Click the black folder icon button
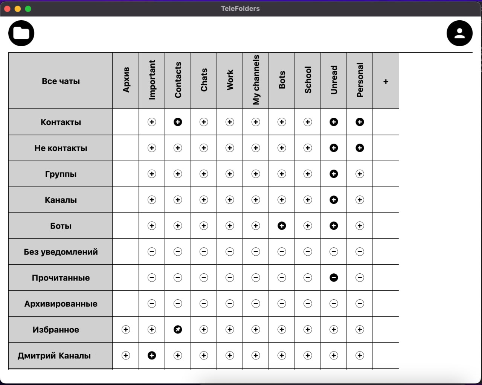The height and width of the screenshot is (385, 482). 21,33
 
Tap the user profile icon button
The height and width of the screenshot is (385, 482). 459,33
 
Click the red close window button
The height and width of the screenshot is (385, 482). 7,9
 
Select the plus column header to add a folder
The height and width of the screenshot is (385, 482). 386,81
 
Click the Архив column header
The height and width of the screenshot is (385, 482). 126,80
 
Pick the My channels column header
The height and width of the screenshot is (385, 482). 256,80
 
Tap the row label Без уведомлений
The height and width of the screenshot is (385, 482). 61,252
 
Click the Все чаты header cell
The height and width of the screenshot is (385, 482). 61,81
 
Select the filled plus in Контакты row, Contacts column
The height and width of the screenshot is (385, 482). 178,122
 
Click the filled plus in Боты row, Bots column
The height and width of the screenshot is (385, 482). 282,226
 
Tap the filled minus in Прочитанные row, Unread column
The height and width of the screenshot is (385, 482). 334,277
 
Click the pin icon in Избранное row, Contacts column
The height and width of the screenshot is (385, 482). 178,329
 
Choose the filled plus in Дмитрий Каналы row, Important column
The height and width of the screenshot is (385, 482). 152,355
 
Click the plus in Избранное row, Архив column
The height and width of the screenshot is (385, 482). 126,329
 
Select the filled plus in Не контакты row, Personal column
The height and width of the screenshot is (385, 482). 360,148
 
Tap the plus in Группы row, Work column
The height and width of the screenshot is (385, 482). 230,174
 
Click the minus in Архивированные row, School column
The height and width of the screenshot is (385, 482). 308,303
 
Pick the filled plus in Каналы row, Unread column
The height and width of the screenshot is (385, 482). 334,200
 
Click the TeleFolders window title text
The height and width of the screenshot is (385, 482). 240,9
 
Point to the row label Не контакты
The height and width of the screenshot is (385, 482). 61,148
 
